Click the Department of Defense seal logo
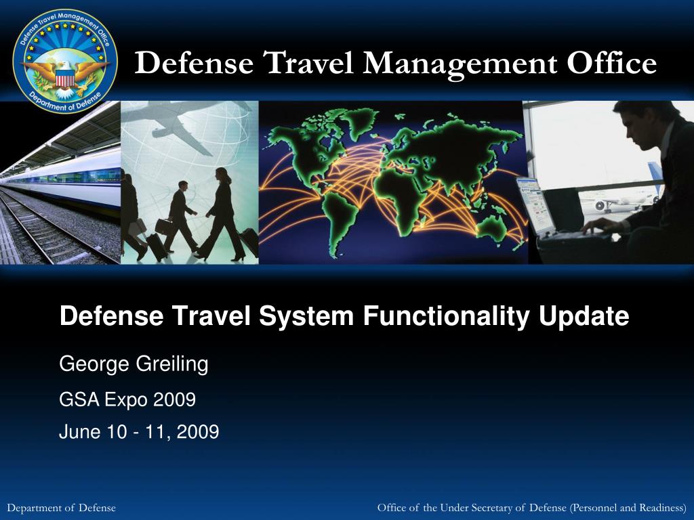[65, 61]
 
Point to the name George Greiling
[134, 364]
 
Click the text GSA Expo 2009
[127, 400]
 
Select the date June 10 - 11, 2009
[139, 431]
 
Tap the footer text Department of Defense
[61, 508]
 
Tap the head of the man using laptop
[634, 125]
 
